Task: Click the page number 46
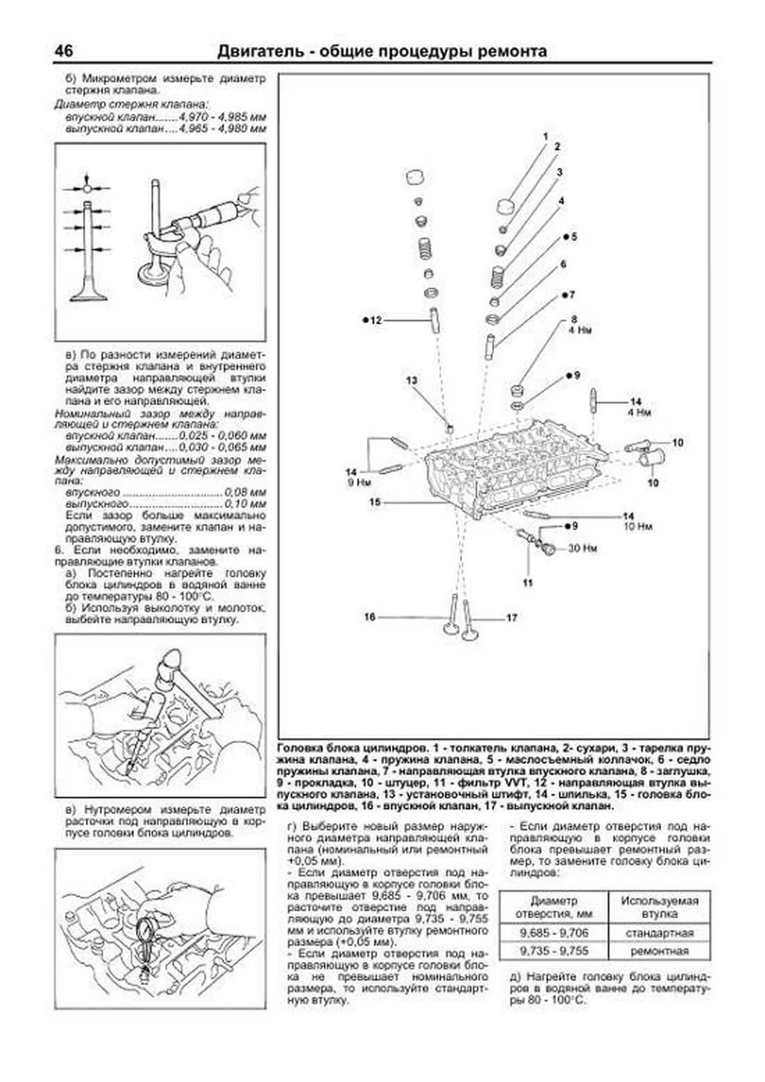[64, 51]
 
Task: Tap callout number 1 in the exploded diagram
[546, 136]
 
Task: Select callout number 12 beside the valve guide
[375, 320]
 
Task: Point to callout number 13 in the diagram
[412, 381]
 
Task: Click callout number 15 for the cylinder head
[375, 502]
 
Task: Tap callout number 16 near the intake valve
[370, 617]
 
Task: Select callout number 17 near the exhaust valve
[511, 618]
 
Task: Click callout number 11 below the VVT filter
[528, 583]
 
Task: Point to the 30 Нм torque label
[583, 548]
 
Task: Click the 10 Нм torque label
[638, 527]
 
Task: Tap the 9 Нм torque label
[359, 483]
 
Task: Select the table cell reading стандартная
[659, 933]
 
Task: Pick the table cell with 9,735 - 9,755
[553, 951]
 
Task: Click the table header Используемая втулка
[659, 907]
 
